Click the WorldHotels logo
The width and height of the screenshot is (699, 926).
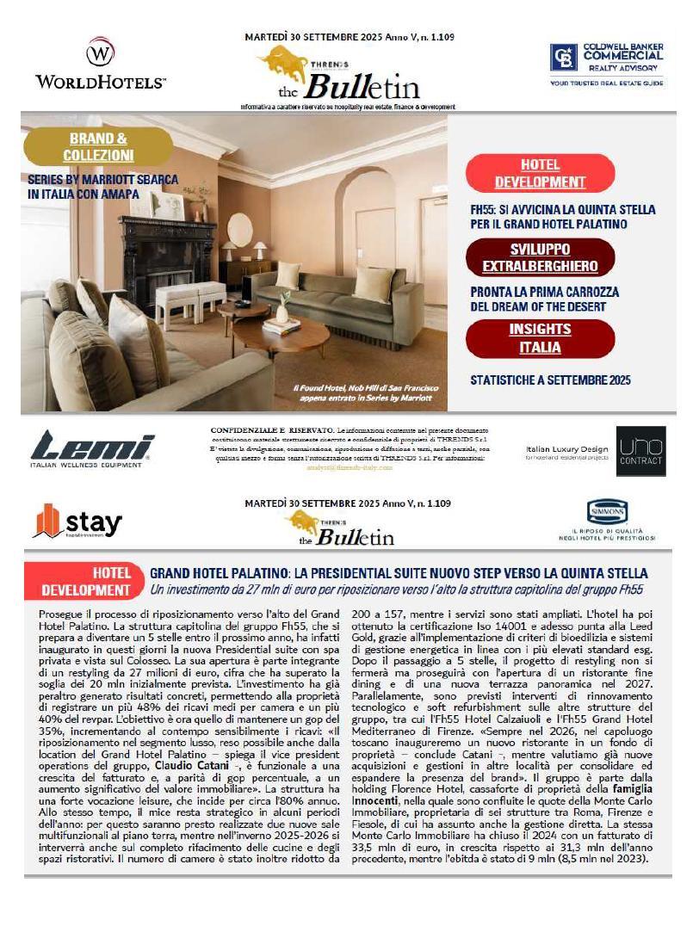(101, 64)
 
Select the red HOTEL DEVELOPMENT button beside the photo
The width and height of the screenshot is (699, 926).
(540, 173)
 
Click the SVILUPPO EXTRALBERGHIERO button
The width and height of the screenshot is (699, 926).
(540, 256)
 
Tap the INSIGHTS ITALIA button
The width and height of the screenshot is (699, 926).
(540, 338)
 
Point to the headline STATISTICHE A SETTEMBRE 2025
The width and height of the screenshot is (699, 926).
(550, 379)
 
